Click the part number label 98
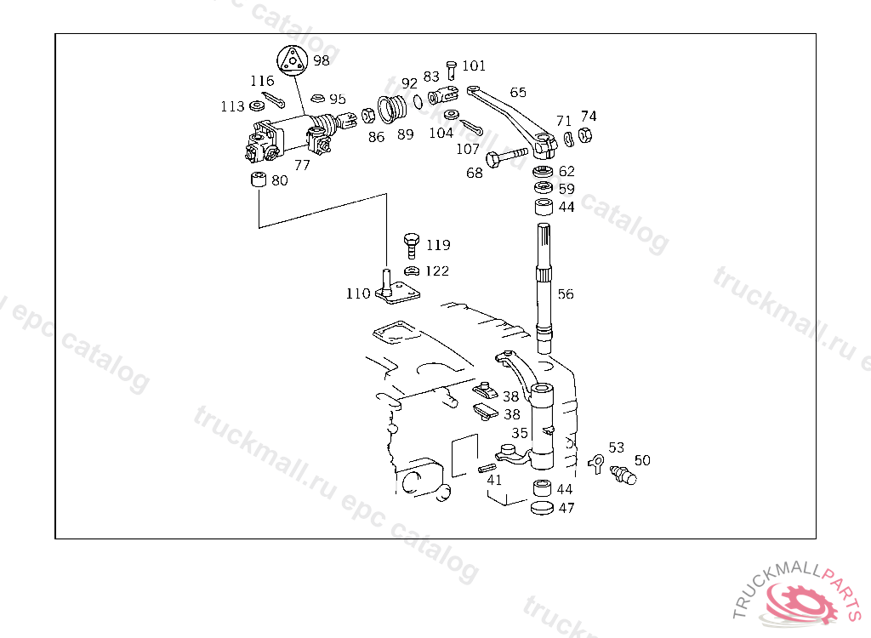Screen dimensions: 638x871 tap(321, 60)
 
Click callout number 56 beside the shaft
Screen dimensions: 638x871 tap(566, 294)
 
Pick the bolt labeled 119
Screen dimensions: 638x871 tap(411, 244)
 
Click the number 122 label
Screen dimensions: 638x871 tap(437, 271)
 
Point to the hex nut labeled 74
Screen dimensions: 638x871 tap(586, 134)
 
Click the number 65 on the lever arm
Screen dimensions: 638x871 tap(518, 92)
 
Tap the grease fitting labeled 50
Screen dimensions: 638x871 tap(623, 476)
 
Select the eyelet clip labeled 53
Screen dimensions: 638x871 tap(596, 463)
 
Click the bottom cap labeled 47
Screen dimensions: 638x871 tap(542, 508)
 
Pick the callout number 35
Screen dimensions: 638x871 tap(520, 433)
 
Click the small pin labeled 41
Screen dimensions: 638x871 tap(487, 467)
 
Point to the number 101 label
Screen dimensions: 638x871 tap(474, 66)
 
